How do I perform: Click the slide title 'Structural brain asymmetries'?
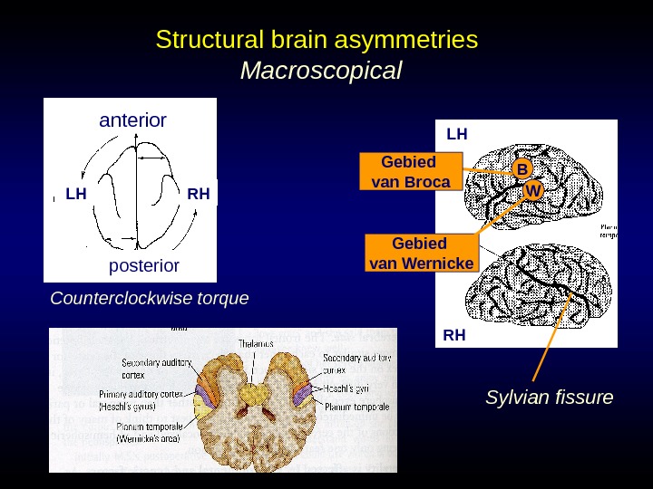pos(317,41)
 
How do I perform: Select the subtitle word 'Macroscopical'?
pos(319,70)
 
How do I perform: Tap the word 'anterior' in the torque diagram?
pos(132,120)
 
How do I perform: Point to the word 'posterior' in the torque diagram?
pos(144,266)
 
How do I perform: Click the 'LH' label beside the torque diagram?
pos(76,193)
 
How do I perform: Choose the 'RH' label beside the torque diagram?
pos(198,193)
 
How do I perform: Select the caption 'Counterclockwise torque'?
pos(150,298)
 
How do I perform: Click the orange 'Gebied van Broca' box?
pos(411,172)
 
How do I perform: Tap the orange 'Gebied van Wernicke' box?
pos(421,254)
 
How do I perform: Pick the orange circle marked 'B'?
pos(521,169)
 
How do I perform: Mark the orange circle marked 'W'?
pos(533,191)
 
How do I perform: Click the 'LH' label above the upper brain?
pos(456,134)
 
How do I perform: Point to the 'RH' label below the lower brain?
pos(453,335)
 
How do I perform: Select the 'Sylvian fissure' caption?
pos(550,398)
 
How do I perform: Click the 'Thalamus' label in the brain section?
pos(257,343)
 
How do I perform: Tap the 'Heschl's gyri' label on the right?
pos(348,388)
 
